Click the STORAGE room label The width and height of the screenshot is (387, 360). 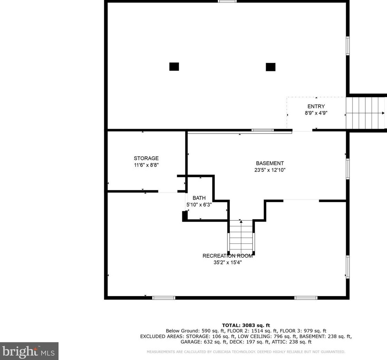(146, 158)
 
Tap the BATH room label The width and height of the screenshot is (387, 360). (199, 198)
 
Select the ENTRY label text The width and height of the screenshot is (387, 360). (316, 107)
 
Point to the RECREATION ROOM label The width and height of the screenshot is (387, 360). (227, 256)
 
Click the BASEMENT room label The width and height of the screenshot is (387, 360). (270, 163)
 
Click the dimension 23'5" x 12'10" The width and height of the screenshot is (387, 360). (270, 170)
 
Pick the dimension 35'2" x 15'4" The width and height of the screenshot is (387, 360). (227, 263)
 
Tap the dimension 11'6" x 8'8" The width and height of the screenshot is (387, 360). (146, 165)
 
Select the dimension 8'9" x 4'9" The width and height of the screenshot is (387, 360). (316, 113)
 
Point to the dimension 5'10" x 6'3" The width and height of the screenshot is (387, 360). (199, 205)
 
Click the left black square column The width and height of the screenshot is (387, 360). (174, 66)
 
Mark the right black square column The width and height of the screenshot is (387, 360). (271, 67)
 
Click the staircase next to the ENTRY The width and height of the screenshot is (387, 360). (366, 113)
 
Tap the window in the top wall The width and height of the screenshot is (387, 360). (227, 1)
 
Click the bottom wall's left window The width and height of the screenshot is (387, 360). (164, 298)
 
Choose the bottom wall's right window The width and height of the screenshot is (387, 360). (306, 298)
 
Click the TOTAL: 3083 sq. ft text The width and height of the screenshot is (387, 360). (246, 326)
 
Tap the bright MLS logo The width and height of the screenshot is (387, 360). (29, 351)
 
